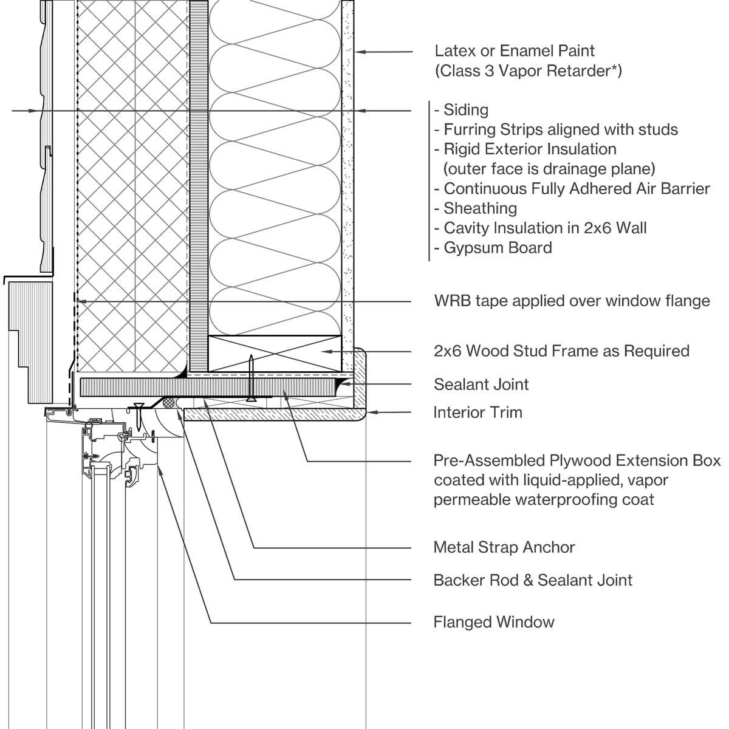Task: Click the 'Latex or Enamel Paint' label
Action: coord(514,51)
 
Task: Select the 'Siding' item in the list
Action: coord(465,110)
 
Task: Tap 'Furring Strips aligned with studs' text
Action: coord(560,129)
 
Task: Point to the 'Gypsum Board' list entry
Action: coord(498,248)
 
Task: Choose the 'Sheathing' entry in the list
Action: coord(480,208)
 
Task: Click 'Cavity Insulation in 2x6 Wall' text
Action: coord(545,228)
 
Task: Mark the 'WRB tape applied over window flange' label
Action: coord(572,301)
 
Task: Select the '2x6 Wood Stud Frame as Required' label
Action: coord(561,351)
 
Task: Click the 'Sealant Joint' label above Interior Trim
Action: coord(481,384)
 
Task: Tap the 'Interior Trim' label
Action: coord(477,412)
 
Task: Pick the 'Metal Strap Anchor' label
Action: coord(504,547)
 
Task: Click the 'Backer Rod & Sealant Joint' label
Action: coord(533,580)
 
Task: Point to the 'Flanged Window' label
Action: coord(493,622)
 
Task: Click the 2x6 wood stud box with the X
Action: coord(275,353)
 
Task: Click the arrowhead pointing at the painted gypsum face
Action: coord(359,52)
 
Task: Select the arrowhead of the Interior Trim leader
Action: coord(371,412)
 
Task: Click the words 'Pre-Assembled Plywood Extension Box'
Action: coord(577,460)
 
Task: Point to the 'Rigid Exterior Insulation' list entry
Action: coord(530,149)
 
